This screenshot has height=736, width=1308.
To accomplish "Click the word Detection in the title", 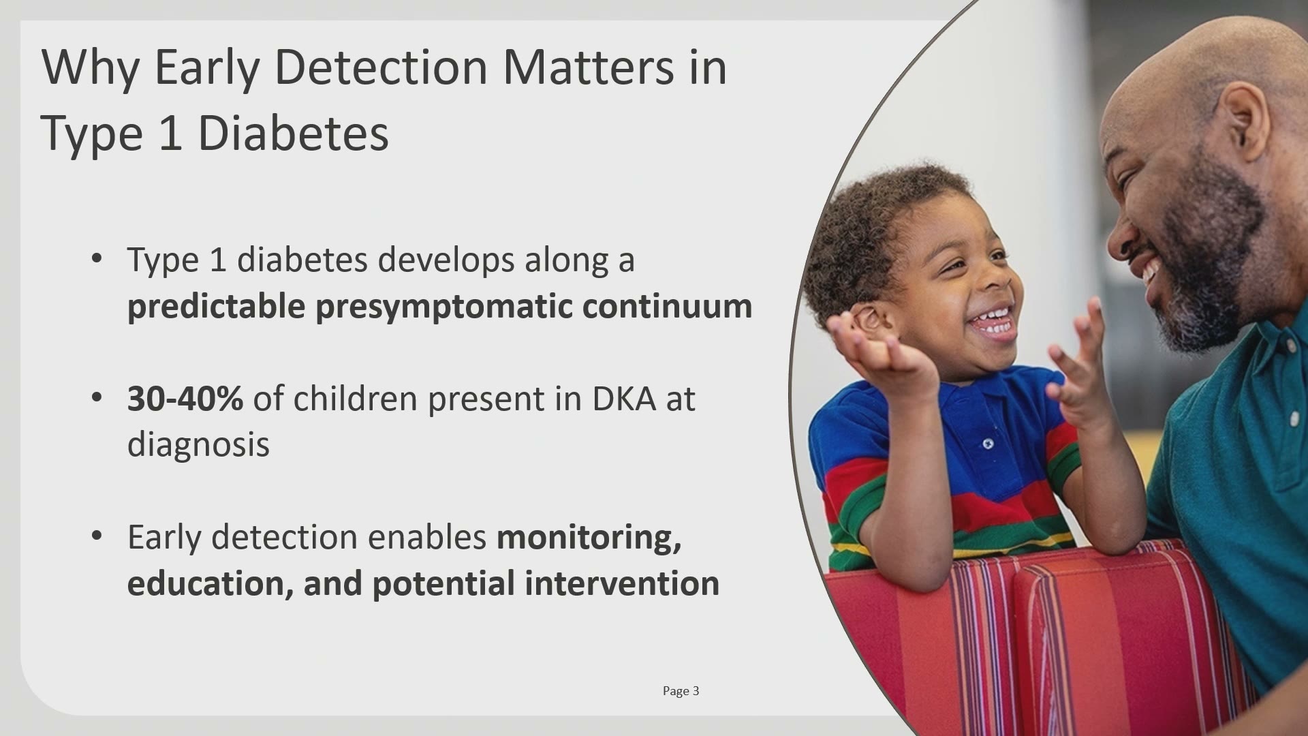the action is point(381,67).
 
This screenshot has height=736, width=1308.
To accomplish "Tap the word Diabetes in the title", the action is point(294,133).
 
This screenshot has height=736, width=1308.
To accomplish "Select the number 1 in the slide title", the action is point(171,133).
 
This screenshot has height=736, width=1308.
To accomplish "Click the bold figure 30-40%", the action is point(185,399).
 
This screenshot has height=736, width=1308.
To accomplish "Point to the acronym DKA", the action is point(623,399).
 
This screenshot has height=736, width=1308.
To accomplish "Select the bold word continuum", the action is point(667,306).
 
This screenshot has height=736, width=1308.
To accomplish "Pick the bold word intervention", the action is point(622,583).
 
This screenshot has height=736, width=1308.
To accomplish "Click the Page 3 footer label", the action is point(681,691).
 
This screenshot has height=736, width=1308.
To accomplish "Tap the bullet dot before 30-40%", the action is point(97,397).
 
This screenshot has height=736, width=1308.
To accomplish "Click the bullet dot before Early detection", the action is point(97,535).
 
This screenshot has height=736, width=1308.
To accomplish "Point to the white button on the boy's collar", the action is point(988,444).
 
